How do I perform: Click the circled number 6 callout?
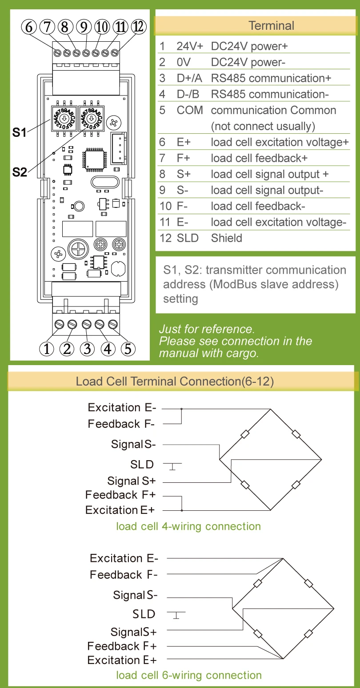point(29,27)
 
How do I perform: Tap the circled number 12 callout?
point(139,27)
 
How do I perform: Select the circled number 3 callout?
point(87,349)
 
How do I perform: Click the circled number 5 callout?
point(128,349)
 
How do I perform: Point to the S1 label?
point(19,132)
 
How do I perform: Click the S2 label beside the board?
point(19,172)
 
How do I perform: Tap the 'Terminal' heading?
point(271,25)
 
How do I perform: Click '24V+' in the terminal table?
point(190,46)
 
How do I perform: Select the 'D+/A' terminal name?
point(189,78)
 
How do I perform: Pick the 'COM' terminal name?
point(190,110)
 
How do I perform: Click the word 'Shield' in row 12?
point(227,238)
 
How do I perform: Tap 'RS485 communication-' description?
point(270,94)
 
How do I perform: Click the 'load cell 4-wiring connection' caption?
point(188,526)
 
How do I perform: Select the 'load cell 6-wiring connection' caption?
point(189,675)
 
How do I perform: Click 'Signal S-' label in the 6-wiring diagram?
point(136,595)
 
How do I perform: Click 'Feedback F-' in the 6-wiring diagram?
point(124,575)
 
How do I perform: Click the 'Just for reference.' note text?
point(207,329)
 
